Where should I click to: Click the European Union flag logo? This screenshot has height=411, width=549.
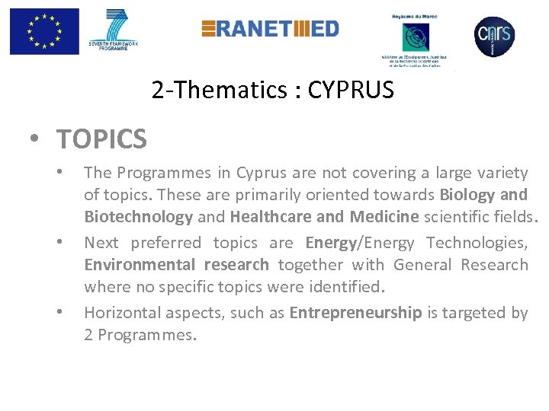(43, 32)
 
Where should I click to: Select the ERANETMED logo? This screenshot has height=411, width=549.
(270, 29)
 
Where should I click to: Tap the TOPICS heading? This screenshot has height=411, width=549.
(101, 139)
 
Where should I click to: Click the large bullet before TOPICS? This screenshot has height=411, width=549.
(36, 140)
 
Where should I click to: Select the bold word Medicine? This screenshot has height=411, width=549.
(384, 217)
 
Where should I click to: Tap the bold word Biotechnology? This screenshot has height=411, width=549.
(138, 217)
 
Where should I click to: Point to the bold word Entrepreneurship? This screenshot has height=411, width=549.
(355, 313)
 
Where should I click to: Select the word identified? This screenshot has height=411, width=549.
(348, 287)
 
